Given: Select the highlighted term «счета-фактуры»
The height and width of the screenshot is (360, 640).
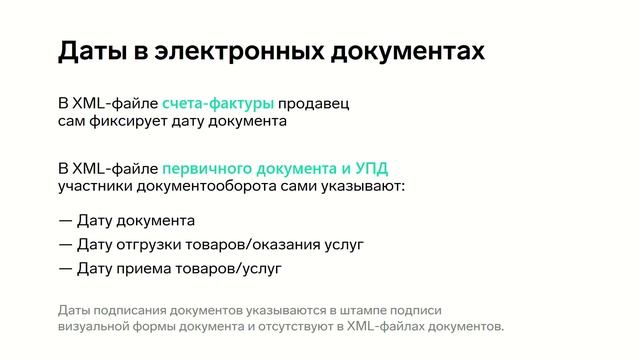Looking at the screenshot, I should point(217,103).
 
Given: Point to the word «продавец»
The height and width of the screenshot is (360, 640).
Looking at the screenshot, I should point(313,103).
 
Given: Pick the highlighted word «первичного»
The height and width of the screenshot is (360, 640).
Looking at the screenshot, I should point(204,167).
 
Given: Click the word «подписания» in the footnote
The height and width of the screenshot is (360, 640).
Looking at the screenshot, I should point(130,310).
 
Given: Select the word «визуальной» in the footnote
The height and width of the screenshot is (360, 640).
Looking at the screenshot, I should point(94,327).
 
